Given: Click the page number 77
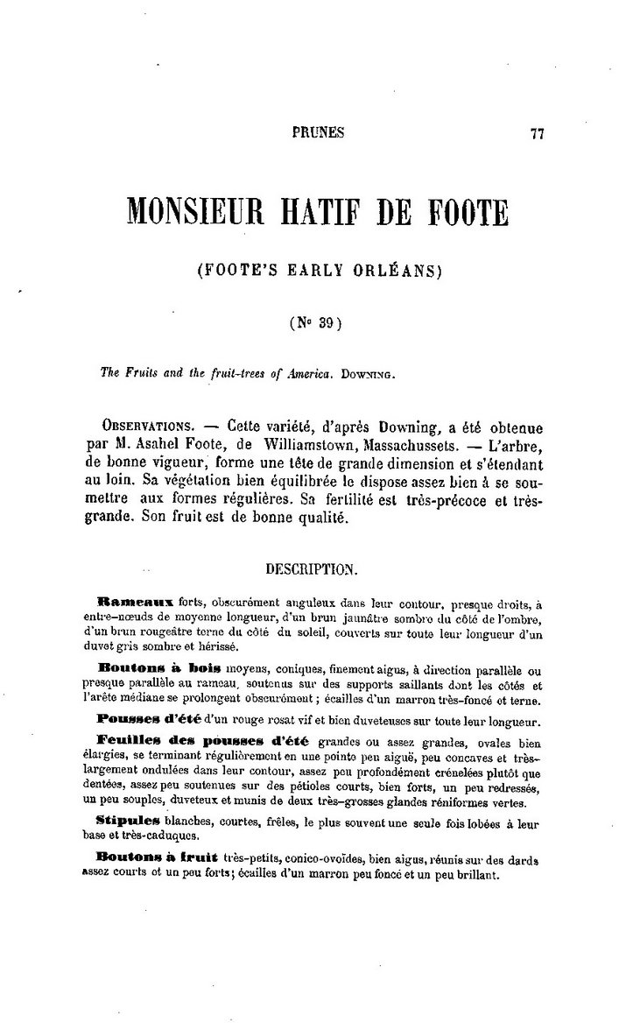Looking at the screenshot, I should pos(538,134).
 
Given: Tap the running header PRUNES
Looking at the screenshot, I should pos(317,133).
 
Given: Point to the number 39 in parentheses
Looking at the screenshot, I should pos(323,321).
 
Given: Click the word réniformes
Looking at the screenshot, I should pos(471,803).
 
